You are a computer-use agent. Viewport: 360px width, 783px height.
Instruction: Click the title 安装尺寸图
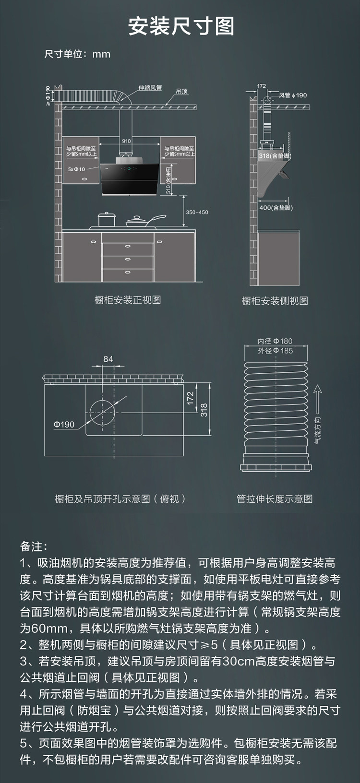coord(181,26)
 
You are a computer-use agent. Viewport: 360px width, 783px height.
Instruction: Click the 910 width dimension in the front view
coord(126,141)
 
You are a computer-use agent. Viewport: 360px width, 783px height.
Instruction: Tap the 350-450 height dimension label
coord(197,212)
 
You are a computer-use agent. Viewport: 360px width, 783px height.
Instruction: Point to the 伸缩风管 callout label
coord(150,88)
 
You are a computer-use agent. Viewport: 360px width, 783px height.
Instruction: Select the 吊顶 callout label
coord(181,91)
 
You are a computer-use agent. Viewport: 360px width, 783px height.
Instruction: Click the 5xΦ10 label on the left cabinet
coord(76,169)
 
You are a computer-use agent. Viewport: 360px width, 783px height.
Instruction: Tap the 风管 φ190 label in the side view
coord(293,95)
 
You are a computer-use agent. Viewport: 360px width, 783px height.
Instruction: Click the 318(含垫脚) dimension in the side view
coord(275,156)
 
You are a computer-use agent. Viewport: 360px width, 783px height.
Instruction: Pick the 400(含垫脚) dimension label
coord(276,208)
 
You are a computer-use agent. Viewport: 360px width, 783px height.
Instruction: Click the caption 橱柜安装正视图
coord(128,300)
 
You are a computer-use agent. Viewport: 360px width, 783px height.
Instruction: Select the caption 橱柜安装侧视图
coord(275,301)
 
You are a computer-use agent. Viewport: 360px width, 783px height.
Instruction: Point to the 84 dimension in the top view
coord(108,359)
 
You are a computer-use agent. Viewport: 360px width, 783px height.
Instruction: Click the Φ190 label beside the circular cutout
coord(64,424)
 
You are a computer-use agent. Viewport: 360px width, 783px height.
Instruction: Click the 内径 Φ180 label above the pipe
coord(275,341)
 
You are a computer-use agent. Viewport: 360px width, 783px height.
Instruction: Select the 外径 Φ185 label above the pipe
coord(275,351)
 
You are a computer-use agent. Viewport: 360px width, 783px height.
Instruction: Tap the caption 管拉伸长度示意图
coord(275,499)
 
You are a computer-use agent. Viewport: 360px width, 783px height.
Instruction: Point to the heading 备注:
coord(34,546)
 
